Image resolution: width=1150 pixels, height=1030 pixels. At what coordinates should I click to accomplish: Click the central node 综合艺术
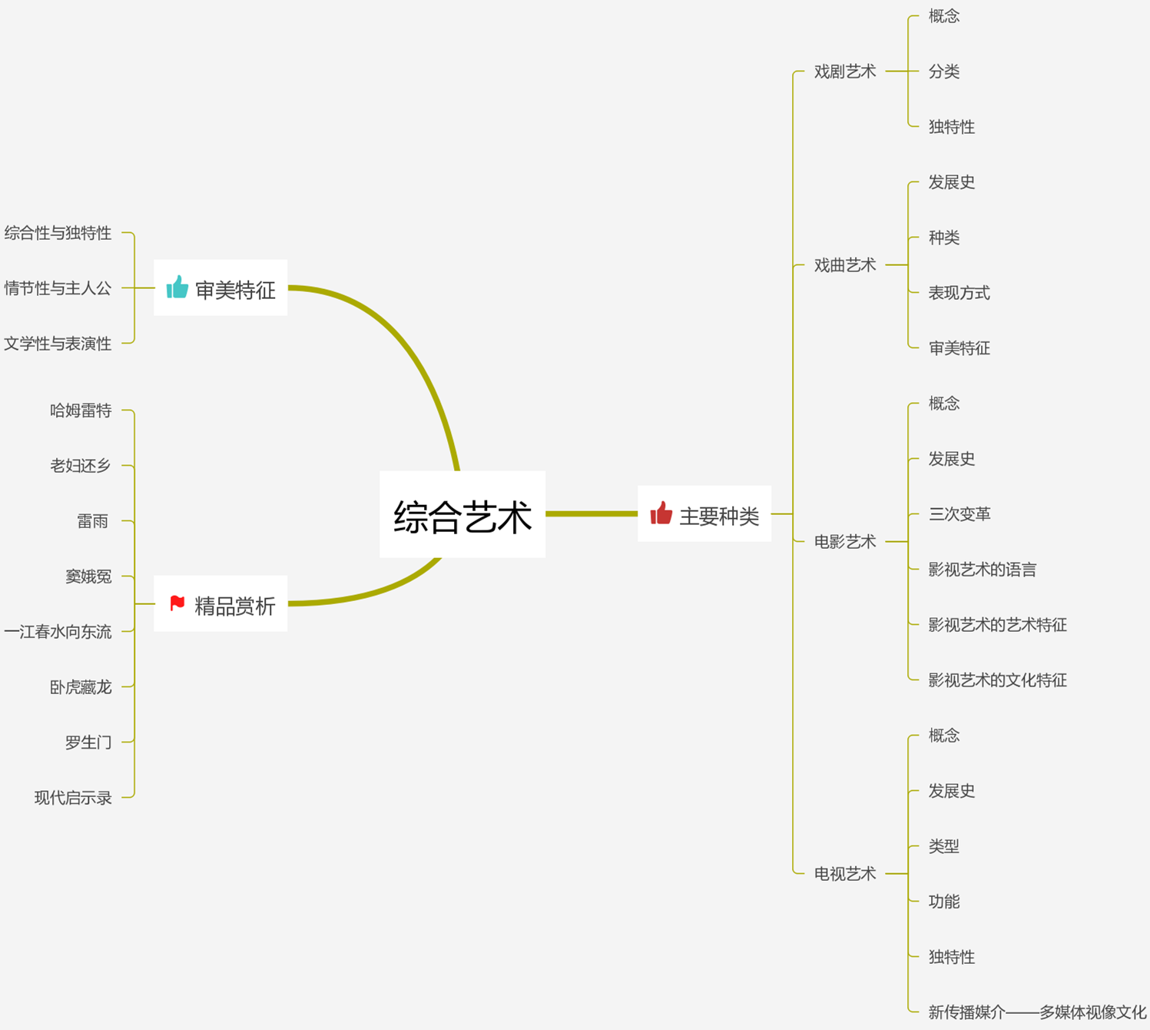(x=462, y=515)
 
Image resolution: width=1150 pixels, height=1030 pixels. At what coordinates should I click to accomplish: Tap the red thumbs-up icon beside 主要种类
(x=661, y=513)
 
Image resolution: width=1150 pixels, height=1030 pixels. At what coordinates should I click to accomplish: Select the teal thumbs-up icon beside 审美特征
(x=177, y=287)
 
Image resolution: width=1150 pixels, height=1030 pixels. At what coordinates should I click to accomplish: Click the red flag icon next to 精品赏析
(x=177, y=603)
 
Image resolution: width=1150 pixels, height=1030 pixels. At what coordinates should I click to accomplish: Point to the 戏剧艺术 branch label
(x=844, y=71)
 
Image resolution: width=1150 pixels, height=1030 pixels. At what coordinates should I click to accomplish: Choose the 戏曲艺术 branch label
(x=844, y=265)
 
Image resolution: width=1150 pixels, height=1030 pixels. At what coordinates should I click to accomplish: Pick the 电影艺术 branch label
(x=844, y=542)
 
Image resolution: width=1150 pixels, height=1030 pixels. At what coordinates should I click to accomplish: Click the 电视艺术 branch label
(x=844, y=874)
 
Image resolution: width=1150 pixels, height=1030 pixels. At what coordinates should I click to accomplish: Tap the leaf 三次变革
(x=959, y=514)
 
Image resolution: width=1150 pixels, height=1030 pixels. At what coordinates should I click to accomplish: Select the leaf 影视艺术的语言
(x=982, y=570)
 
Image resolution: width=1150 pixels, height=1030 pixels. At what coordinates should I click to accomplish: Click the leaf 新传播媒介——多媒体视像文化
(x=1036, y=1012)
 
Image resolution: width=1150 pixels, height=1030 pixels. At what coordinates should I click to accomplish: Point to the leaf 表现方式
(x=959, y=293)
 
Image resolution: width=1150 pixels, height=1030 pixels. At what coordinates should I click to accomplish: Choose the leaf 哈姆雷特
(x=81, y=410)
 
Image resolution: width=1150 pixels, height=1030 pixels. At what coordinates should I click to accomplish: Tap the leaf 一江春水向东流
(x=58, y=632)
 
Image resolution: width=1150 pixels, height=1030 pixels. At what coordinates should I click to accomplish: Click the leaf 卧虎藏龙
(x=81, y=687)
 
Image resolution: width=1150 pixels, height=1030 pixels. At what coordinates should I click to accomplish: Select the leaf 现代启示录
(x=73, y=798)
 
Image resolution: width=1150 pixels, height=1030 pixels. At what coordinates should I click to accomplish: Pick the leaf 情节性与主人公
(x=58, y=288)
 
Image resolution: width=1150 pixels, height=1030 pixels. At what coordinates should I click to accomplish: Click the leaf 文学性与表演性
(x=58, y=344)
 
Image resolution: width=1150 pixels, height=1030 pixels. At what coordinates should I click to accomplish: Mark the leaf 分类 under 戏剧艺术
(x=943, y=71)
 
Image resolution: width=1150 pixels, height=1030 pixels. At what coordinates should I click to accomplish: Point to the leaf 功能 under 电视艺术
(x=943, y=902)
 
